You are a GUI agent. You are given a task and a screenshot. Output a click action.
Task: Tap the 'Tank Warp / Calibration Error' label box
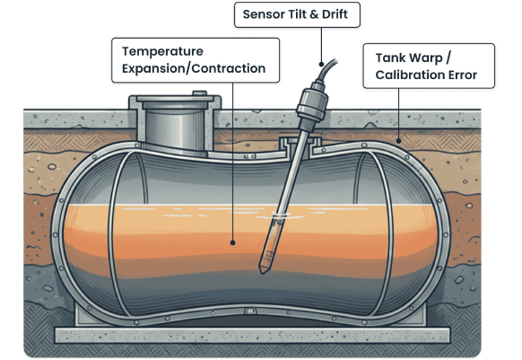tap(428, 66)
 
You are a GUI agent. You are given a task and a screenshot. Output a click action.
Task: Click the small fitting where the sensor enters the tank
tap(299, 144)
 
